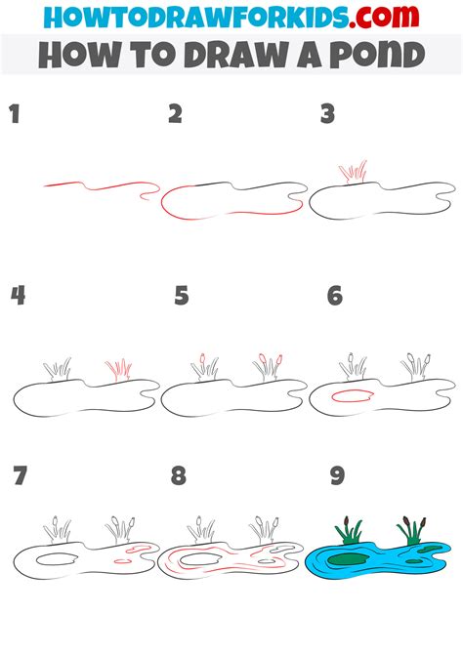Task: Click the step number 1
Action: (16, 114)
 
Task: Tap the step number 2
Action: (176, 114)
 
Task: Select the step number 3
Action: (328, 114)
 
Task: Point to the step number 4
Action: (18, 296)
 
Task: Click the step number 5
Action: (182, 296)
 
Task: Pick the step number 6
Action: (335, 296)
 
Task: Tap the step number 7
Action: (21, 475)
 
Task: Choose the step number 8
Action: (179, 475)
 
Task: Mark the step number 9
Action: (337, 475)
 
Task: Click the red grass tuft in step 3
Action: (354, 172)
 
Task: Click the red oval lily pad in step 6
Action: (352, 396)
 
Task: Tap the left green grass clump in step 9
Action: (349, 531)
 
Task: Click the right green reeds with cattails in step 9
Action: (412, 531)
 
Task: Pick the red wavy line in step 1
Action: (102, 187)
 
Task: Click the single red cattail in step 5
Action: (203, 358)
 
